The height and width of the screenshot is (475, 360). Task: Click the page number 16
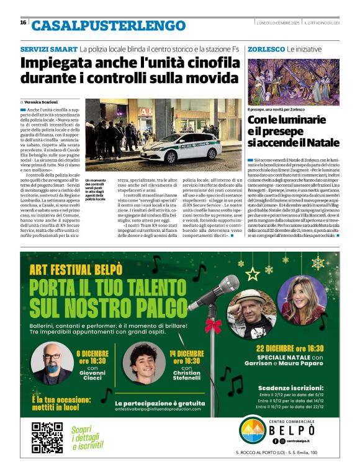23,22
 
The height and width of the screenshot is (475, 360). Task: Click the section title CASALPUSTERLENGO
99,25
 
